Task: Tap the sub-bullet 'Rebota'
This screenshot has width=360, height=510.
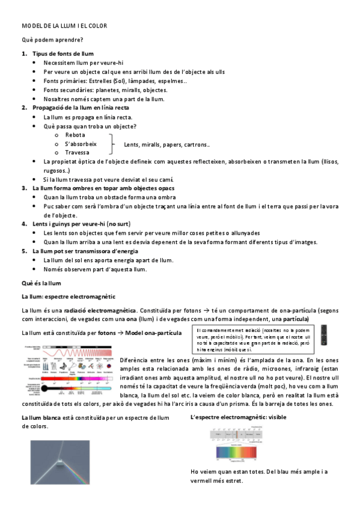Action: pyautogui.click(x=75, y=135)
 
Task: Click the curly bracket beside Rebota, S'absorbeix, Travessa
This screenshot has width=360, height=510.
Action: pyautogui.click(x=113, y=144)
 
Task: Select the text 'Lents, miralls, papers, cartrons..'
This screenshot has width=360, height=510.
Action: pyautogui.click(x=166, y=145)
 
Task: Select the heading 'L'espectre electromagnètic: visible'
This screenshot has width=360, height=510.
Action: pyautogui.click(x=238, y=417)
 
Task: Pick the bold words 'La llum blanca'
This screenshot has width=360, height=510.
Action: pyautogui.click(x=40, y=417)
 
